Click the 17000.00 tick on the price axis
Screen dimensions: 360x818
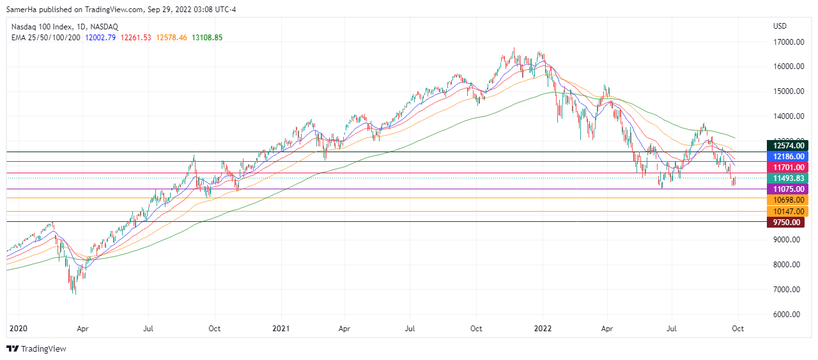[787, 42]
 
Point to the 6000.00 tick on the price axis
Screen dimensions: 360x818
[787, 315]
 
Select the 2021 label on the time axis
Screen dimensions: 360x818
[281, 329]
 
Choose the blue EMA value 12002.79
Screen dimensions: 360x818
[101, 38]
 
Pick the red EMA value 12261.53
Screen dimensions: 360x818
[136, 38]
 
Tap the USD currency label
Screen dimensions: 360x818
[780, 26]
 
